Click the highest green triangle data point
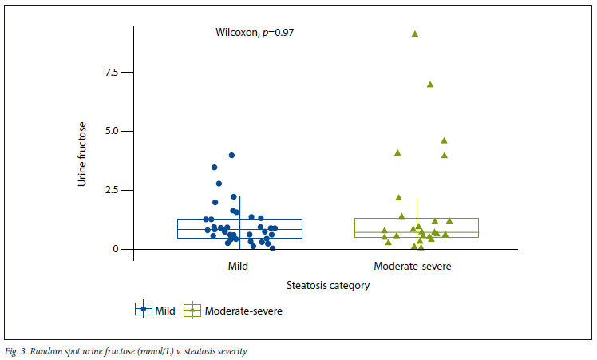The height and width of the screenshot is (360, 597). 415,34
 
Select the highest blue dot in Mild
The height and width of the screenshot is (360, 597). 231,156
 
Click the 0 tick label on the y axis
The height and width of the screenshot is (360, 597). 115,249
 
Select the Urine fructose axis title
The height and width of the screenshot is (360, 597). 81,154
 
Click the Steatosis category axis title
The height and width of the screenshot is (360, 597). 327,285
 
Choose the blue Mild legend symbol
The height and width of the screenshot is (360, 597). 144,311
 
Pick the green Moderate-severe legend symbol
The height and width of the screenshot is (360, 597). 192,311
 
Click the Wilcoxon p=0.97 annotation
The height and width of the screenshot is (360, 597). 255,33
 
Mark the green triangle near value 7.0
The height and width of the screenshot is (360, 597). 430,84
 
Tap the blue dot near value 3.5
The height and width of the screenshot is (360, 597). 215,168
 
